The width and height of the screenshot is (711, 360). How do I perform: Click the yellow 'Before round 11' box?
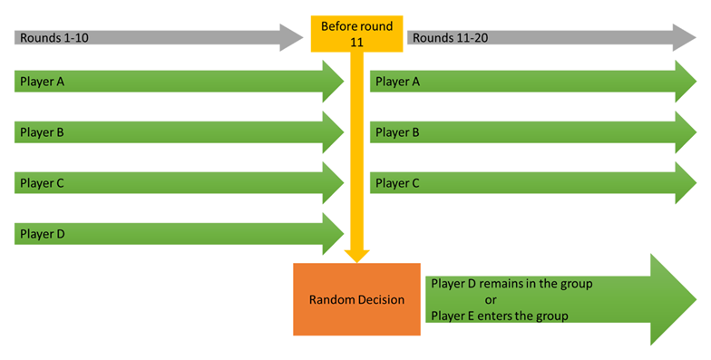355,33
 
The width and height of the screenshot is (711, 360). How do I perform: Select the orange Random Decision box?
356,299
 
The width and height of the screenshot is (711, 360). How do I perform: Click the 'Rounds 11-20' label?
444,38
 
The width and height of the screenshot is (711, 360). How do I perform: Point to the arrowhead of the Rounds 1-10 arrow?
291,38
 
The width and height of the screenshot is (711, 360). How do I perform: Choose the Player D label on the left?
43,234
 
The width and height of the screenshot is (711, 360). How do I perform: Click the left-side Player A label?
43,82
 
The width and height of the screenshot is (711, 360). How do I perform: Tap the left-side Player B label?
43,132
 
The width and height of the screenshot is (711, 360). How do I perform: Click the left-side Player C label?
43,183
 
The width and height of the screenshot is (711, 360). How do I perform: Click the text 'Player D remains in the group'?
511,284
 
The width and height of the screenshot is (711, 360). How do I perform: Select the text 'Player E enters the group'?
500,316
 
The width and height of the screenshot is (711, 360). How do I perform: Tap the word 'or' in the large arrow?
491,300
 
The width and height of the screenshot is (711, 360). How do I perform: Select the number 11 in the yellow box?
355,42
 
